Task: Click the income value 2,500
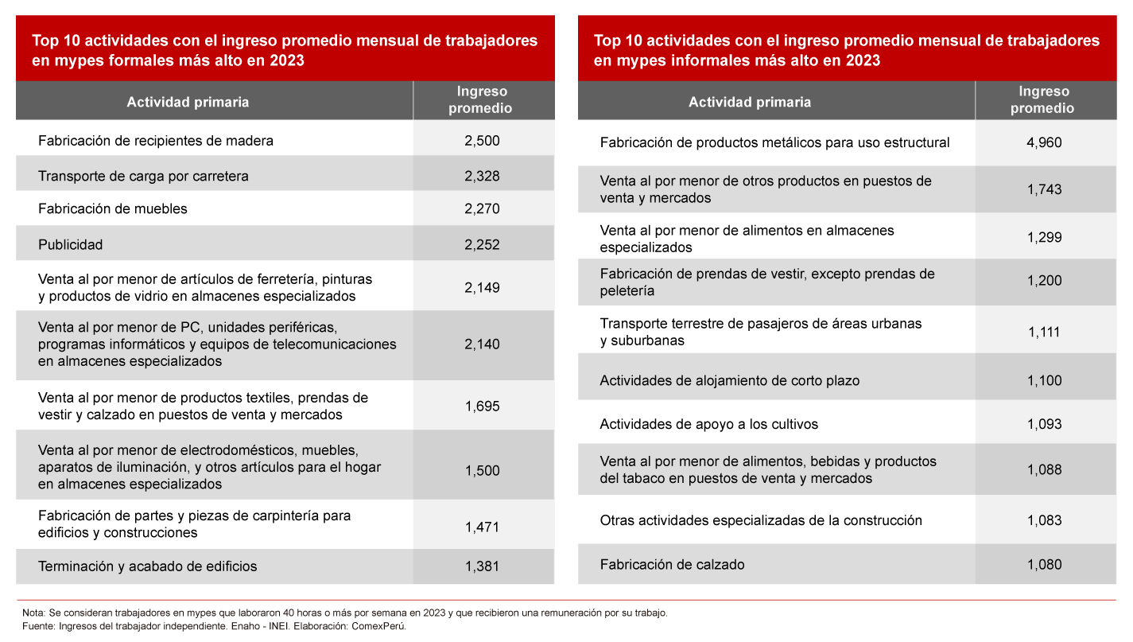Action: pos(482,141)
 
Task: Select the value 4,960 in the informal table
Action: pos(1044,143)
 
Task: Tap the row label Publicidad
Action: pos(71,245)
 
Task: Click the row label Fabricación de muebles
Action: pos(113,209)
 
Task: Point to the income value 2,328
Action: pos(482,176)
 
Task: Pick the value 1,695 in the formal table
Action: pos(482,407)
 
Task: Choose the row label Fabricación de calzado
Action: pos(672,565)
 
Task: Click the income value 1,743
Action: pos(1044,189)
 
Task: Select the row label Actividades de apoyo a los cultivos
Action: pos(708,424)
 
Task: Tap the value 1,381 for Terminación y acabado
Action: pos(482,567)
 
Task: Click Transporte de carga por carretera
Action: pos(143,177)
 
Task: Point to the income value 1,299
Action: pos(1044,238)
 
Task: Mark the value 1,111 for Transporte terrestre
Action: pos(1044,333)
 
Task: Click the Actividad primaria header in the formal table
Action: pos(188,102)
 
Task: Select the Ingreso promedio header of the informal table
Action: pos(1044,100)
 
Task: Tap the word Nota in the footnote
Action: pos(33,613)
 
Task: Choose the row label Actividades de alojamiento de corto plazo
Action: pos(729,381)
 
